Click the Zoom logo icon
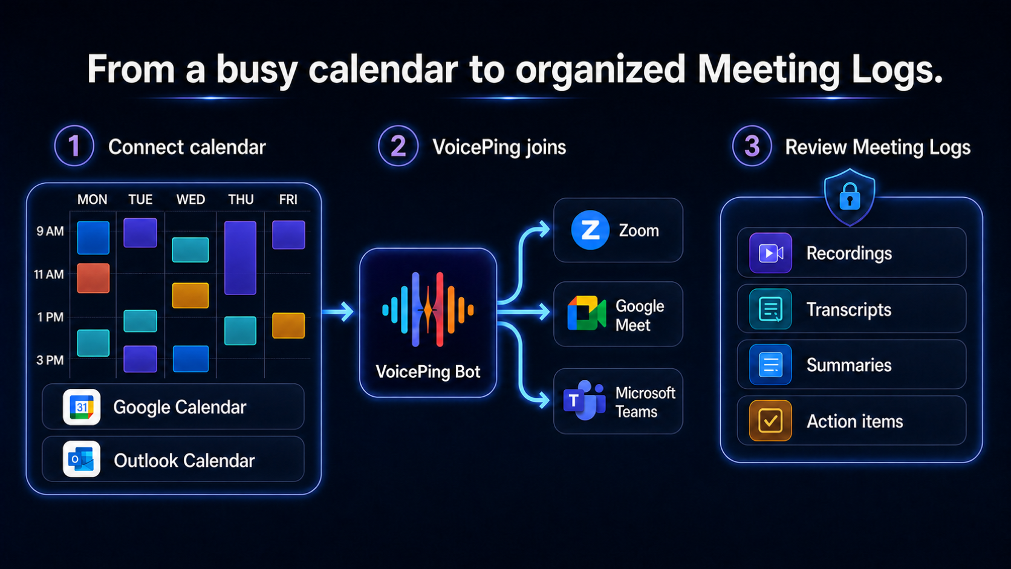click(590, 230)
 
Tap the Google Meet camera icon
click(587, 313)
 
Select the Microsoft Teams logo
click(585, 400)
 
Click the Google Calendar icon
click(82, 407)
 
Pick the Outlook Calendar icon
click(82, 460)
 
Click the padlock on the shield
click(850, 197)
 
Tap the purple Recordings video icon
click(770, 253)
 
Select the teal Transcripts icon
click(770, 309)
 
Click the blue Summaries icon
click(770, 365)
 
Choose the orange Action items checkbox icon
click(770, 420)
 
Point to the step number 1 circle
click(74, 146)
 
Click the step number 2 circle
click(398, 146)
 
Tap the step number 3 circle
click(752, 146)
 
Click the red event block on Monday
click(94, 278)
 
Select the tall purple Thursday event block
click(240, 258)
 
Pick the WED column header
click(190, 200)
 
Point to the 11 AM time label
click(49, 275)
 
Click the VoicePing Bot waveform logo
click(428, 310)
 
